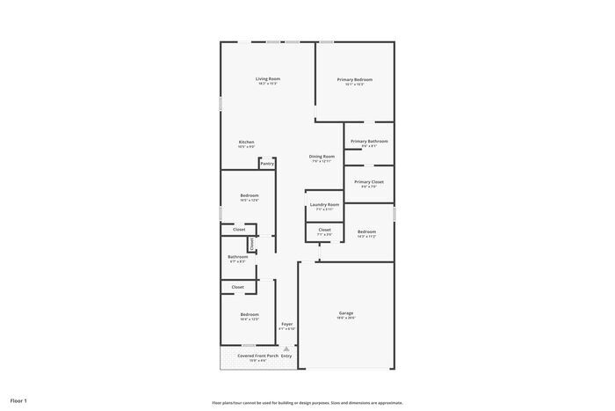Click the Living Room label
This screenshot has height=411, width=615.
pyautogui.click(x=268, y=79)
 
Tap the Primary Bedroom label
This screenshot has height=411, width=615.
pyautogui.click(x=355, y=79)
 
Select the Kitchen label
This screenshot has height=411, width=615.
pyautogui.click(x=247, y=142)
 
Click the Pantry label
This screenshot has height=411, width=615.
pyautogui.click(x=267, y=164)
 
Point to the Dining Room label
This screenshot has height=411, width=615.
pyautogui.click(x=322, y=157)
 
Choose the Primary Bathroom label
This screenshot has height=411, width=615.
pyautogui.click(x=369, y=141)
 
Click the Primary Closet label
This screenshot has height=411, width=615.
pyautogui.click(x=369, y=181)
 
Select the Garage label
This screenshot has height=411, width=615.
pyautogui.click(x=346, y=313)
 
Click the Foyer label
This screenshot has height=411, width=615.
pyautogui.click(x=287, y=324)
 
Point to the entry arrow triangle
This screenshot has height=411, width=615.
pyautogui.click(x=286, y=349)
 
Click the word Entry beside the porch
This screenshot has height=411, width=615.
pyautogui.click(x=286, y=356)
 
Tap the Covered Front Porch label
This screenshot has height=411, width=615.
pyautogui.click(x=257, y=356)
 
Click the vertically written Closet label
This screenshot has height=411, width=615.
pyautogui.click(x=251, y=244)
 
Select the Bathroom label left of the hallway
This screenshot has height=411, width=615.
pyautogui.click(x=238, y=257)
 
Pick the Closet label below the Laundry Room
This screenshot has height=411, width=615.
pyautogui.click(x=324, y=230)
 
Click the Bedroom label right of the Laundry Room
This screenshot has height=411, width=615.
pyautogui.click(x=366, y=231)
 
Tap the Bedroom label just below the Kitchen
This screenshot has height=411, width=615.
pyautogui.click(x=250, y=195)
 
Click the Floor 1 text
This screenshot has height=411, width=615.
pyautogui.click(x=18, y=400)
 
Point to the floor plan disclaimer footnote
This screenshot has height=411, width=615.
pyautogui.click(x=307, y=401)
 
